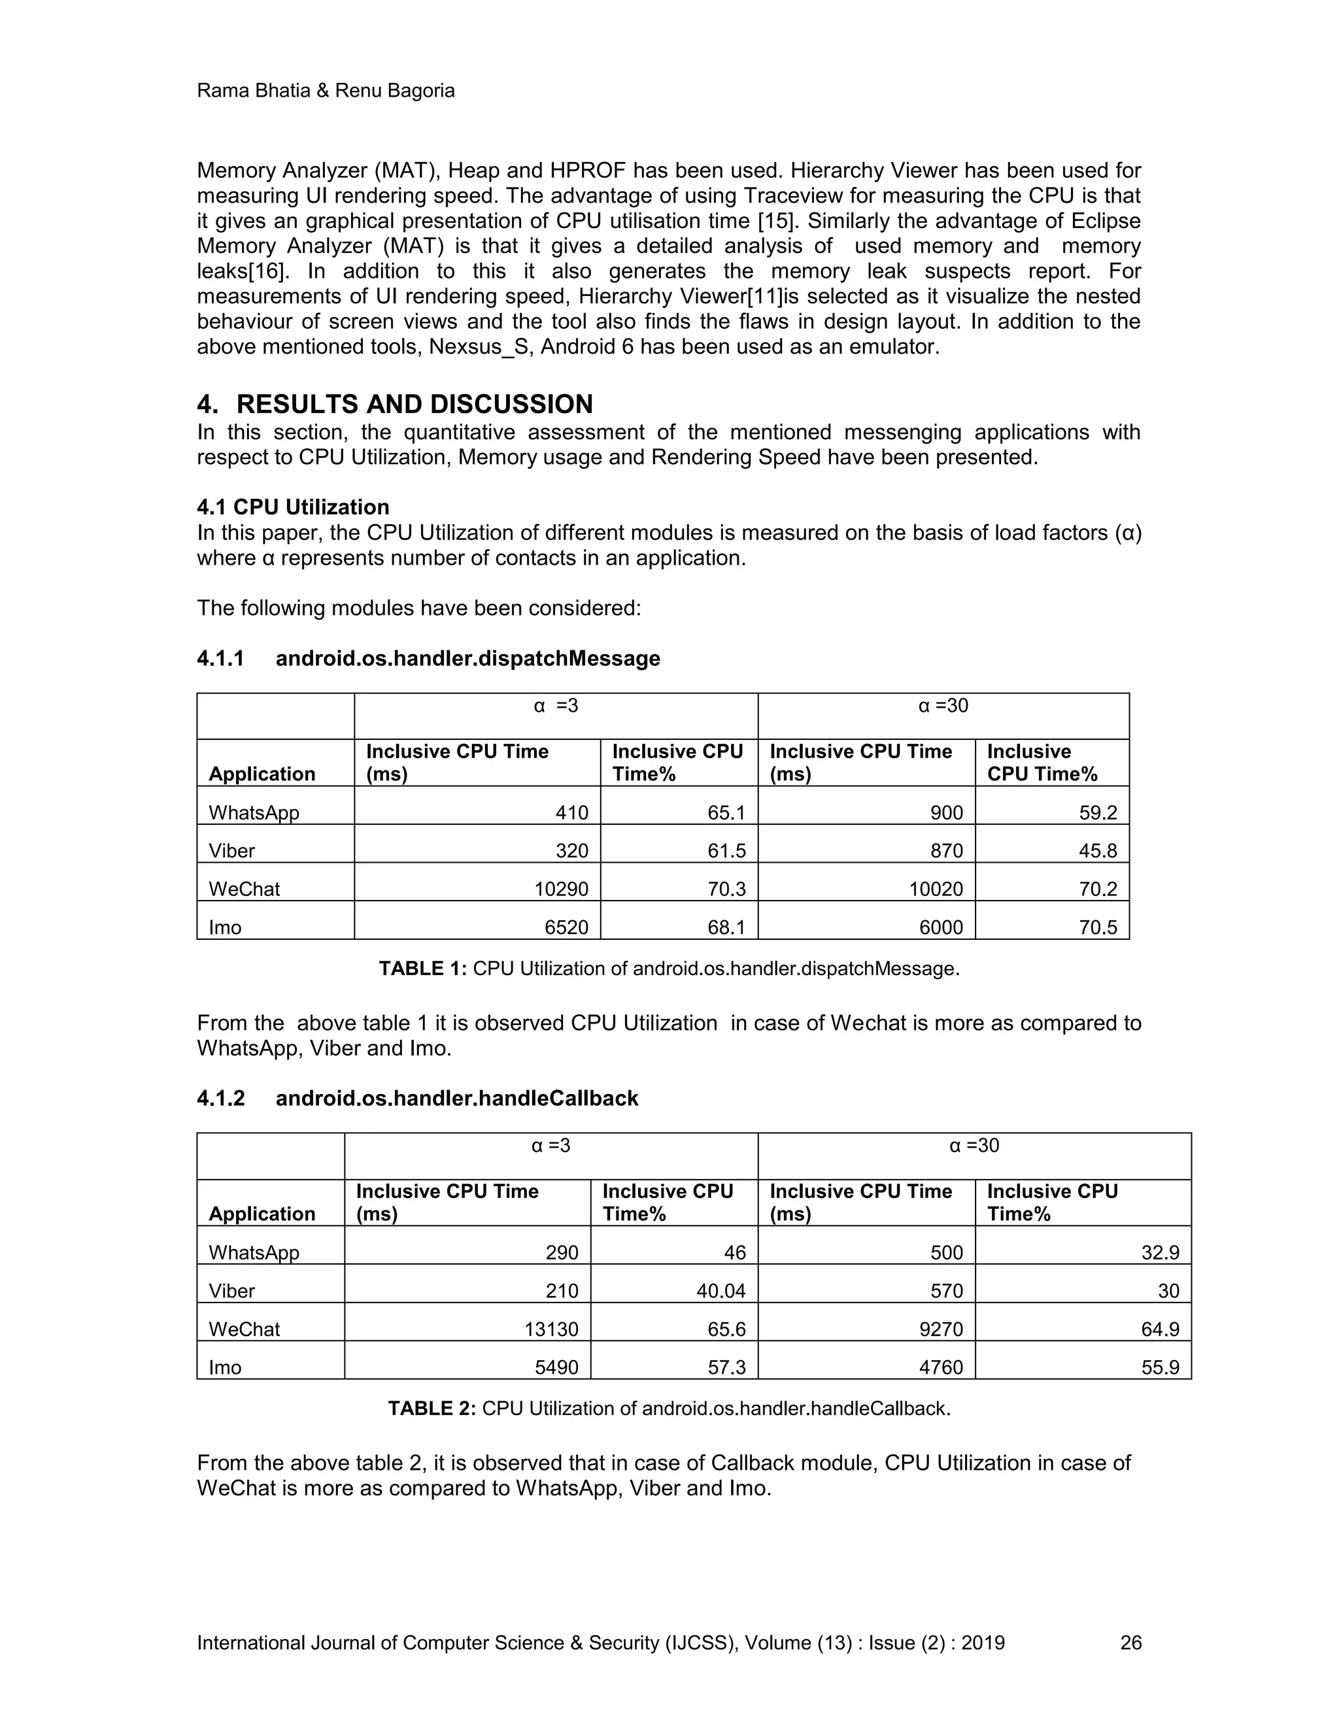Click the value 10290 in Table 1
561,889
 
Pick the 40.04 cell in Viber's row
720,1291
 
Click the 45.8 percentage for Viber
1098,851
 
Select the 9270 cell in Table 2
941,1329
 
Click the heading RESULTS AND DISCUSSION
414,405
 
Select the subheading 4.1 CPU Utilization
293,508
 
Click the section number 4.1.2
220,1099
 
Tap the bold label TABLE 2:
432,1408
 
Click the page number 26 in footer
1130,1642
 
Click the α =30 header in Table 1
943,706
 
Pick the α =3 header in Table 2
551,1146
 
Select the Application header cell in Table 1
262,774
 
